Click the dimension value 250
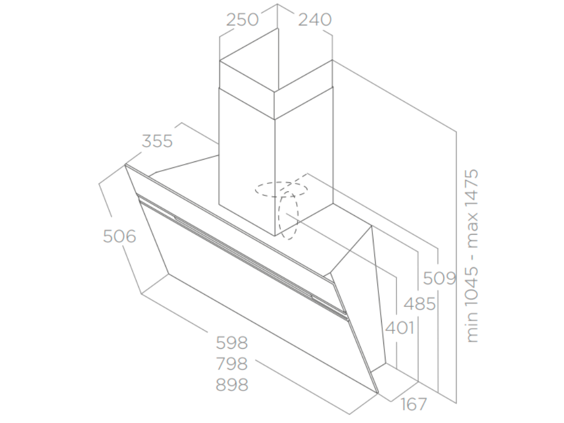(x=243, y=19)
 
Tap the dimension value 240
(x=315, y=19)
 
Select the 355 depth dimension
(x=158, y=141)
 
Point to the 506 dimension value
(x=120, y=236)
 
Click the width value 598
(x=232, y=343)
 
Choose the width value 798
(x=232, y=364)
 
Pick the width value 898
(x=232, y=384)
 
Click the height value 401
(x=399, y=327)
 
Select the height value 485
(x=420, y=303)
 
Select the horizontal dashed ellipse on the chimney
(x=280, y=188)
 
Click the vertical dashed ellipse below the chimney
(x=289, y=216)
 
